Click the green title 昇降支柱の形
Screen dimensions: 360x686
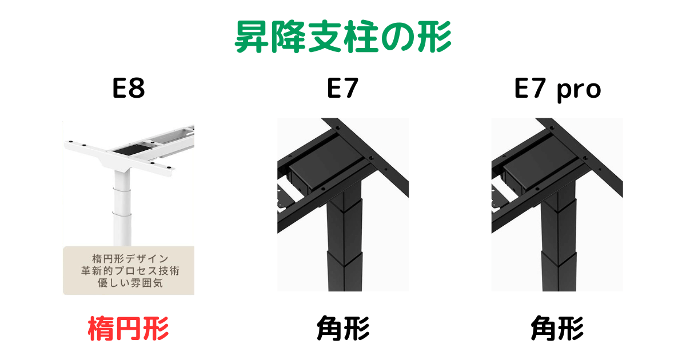[343, 38]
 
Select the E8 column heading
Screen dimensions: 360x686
[128, 90]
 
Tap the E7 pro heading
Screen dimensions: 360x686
[557, 90]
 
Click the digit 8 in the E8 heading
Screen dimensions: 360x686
[137, 90]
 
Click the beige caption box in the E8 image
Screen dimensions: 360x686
[129, 270]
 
